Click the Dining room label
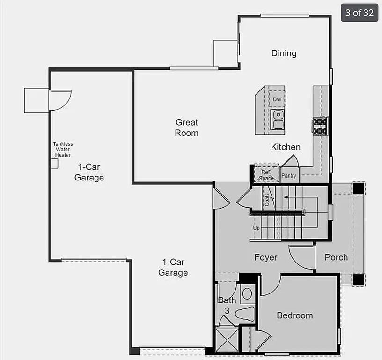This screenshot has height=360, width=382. [284, 53]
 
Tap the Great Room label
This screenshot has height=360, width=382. [187, 127]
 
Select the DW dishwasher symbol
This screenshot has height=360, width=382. [278, 99]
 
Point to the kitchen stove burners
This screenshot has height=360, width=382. [320, 126]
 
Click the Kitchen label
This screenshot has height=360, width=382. [286, 147]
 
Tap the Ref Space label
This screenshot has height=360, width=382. [266, 175]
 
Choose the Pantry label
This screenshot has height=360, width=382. [289, 176]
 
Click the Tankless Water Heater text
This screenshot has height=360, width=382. [63, 150]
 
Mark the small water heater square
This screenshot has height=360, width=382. [54, 163]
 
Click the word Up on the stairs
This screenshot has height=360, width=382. [257, 228]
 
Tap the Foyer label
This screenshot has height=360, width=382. [266, 257]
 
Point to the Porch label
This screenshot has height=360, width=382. [336, 257]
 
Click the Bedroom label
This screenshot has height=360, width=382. [294, 315]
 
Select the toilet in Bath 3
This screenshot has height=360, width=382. [245, 314]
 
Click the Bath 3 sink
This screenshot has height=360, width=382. [247, 294]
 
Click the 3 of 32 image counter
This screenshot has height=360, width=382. [360, 13]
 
